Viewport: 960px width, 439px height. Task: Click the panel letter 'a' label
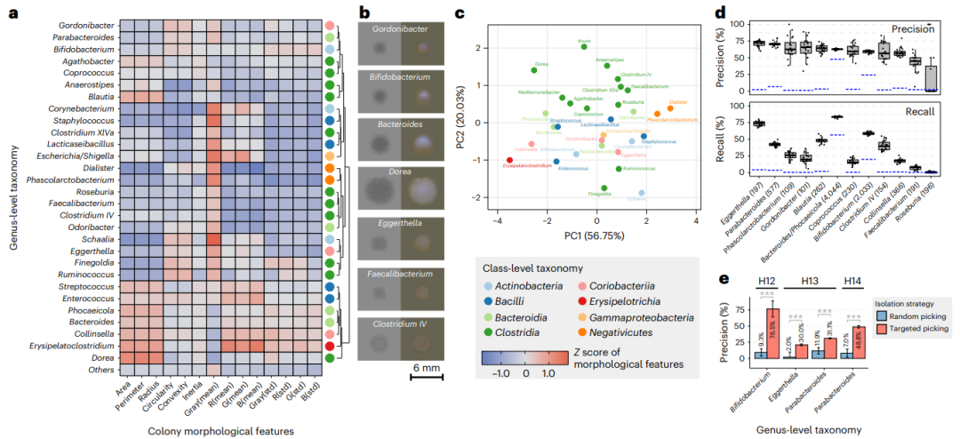pyautogui.click(x=12, y=13)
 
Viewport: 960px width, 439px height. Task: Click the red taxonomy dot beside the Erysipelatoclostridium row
pyautogui.click(x=330, y=346)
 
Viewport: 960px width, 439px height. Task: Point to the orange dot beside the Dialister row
pyautogui.click(x=330, y=168)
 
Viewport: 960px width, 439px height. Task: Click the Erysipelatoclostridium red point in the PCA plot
pyautogui.click(x=509, y=160)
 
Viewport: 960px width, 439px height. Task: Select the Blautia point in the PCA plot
pyautogui.click(x=584, y=46)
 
